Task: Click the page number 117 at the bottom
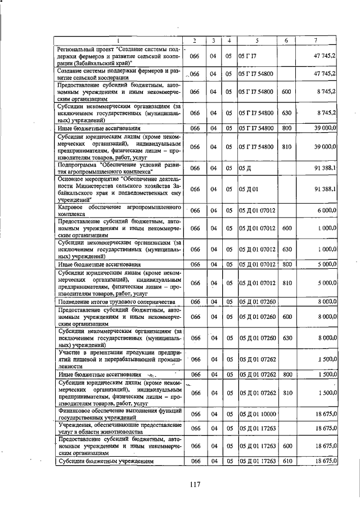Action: point(195,484)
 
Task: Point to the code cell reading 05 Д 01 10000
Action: point(257,414)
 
